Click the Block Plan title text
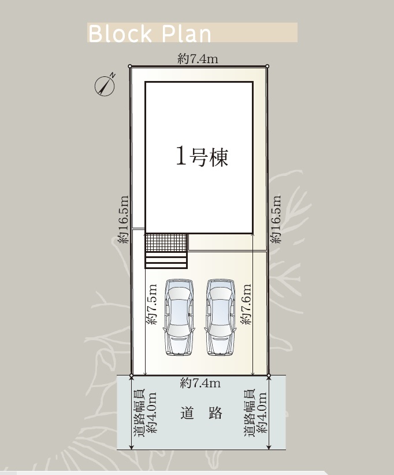click(150, 34)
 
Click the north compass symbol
click(105, 86)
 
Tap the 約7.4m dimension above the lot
click(198, 58)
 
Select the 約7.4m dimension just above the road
click(200, 384)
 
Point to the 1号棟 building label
click(202, 156)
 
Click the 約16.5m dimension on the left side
click(124, 219)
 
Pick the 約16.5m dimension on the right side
click(276, 219)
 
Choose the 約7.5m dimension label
click(151, 304)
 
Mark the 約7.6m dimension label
click(246, 304)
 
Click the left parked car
click(179, 318)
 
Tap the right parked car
click(221, 318)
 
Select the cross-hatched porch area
click(166, 242)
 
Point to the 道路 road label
click(202, 413)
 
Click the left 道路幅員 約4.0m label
click(145, 413)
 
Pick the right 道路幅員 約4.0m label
click(255, 413)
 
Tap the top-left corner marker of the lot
click(130, 66)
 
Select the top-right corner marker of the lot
click(267, 66)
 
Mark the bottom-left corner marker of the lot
click(131, 375)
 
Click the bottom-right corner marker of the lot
click(269, 375)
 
